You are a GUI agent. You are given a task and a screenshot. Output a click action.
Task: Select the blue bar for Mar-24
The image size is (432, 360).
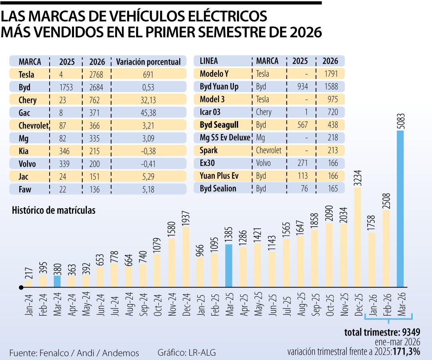point(58,281)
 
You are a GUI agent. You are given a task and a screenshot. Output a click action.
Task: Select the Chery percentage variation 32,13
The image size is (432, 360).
point(148,100)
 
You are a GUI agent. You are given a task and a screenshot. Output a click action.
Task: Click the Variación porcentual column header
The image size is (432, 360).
point(148,62)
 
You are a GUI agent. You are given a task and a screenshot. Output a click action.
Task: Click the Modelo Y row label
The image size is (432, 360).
point(214,74)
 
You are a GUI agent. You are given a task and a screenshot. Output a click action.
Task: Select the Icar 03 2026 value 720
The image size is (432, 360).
point(332,112)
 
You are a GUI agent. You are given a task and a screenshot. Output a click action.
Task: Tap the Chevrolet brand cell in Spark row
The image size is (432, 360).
point(268,150)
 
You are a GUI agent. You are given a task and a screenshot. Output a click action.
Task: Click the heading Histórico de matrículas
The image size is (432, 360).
point(54,210)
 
